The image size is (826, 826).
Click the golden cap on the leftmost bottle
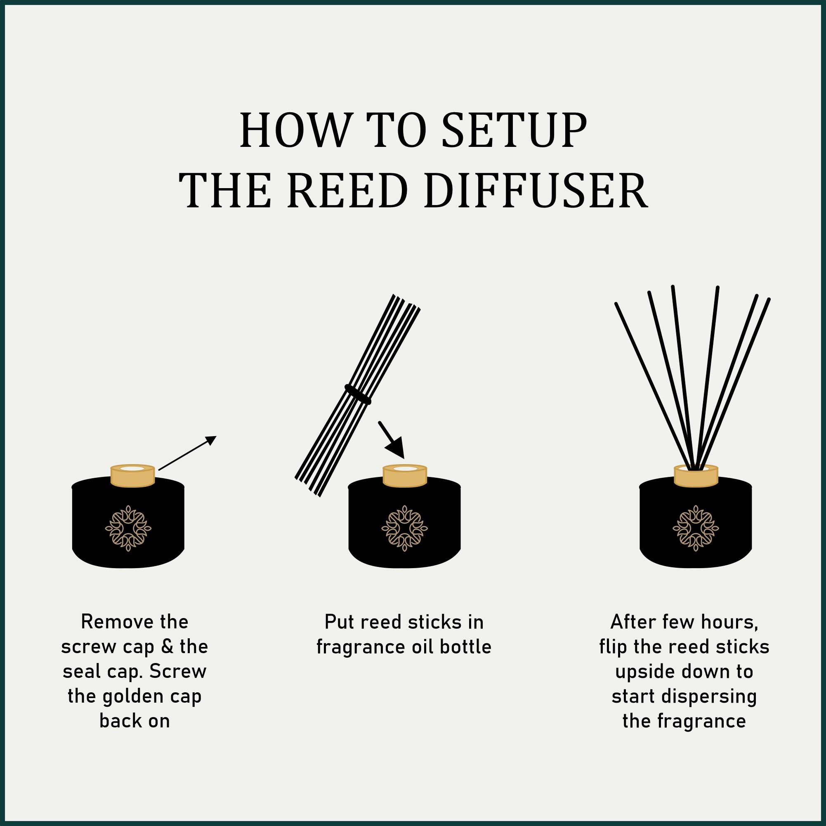pyautogui.click(x=132, y=475)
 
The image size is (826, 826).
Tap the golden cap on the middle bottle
pyautogui.click(x=404, y=476)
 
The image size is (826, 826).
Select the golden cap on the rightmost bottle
pyautogui.click(x=696, y=476)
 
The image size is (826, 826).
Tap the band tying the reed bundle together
pyautogui.click(x=358, y=394)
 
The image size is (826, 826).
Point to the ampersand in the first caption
pyautogui.click(x=167, y=647)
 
